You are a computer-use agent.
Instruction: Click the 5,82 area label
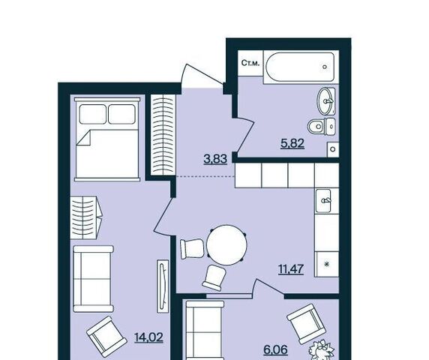tap(292, 143)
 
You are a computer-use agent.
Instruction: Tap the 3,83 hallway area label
tap(215, 159)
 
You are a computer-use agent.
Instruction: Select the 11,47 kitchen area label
tap(292, 269)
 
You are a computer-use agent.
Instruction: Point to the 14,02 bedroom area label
tap(148, 337)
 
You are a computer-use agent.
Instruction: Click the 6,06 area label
tap(276, 350)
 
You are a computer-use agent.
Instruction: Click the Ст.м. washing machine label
tap(250, 63)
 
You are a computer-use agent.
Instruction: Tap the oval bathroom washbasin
tap(325, 101)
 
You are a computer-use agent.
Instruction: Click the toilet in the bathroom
tap(322, 127)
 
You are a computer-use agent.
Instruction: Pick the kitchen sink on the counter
tap(323, 201)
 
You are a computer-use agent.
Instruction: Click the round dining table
tap(226, 244)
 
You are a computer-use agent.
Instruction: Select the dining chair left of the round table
tap(192, 248)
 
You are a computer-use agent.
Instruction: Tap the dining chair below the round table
tap(214, 277)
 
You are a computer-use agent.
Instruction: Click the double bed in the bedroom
tap(107, 139)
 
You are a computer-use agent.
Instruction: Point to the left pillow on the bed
tap(92, 114)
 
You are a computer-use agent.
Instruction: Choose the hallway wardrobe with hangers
tap(162, 135)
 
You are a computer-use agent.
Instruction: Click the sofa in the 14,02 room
tap(94, 279)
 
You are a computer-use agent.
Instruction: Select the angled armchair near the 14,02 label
tap(106, 336)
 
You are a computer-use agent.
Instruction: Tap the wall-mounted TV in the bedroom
tap(163, 286)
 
